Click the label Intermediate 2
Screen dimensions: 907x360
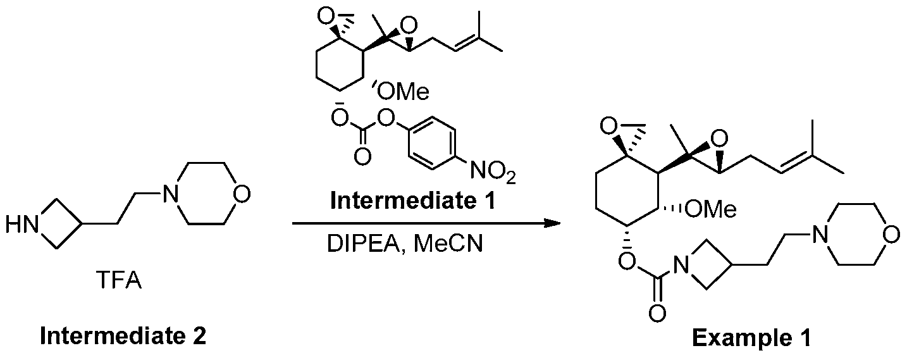coord(123,337)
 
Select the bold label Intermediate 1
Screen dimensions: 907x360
coord(413,201)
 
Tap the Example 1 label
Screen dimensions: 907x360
coord(752,338)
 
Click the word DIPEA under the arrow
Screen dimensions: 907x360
coord(363,244)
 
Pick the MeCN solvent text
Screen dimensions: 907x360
coord(449,244)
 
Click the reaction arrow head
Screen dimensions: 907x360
coord(552,223)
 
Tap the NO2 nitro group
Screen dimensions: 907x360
coord(493,171)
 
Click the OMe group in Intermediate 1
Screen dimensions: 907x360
coord(402,92)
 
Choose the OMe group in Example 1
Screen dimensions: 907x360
coord(710,209)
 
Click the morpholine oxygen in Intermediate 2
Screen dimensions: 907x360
coord(242,194)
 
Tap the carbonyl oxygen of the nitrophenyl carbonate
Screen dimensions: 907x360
coord(362,156)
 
